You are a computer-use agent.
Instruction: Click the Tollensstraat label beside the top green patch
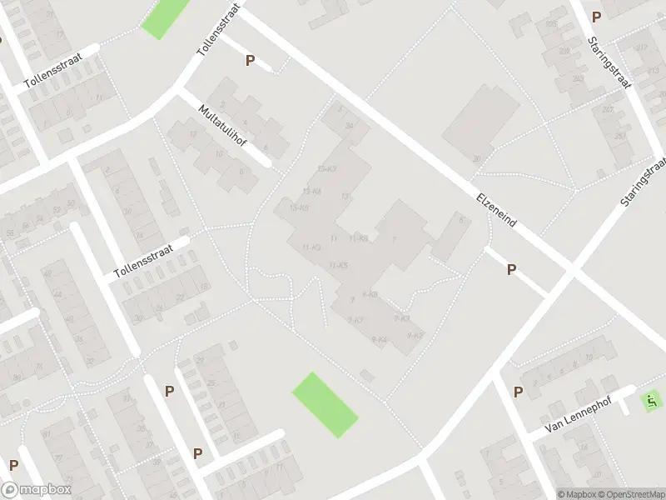219,29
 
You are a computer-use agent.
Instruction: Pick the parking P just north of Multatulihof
249,60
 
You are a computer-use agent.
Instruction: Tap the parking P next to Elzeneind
511,269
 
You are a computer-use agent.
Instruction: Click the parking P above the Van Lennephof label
518,392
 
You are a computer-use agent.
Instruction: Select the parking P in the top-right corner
596,17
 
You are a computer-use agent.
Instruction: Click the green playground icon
650,402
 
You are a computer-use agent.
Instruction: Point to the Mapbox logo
37,490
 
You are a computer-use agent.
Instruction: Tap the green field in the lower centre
326,404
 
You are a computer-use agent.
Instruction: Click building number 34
350,126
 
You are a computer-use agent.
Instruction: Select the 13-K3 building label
327,169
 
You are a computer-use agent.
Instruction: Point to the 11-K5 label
338,265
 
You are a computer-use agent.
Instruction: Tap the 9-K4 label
380,339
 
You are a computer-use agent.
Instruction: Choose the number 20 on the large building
476,158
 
